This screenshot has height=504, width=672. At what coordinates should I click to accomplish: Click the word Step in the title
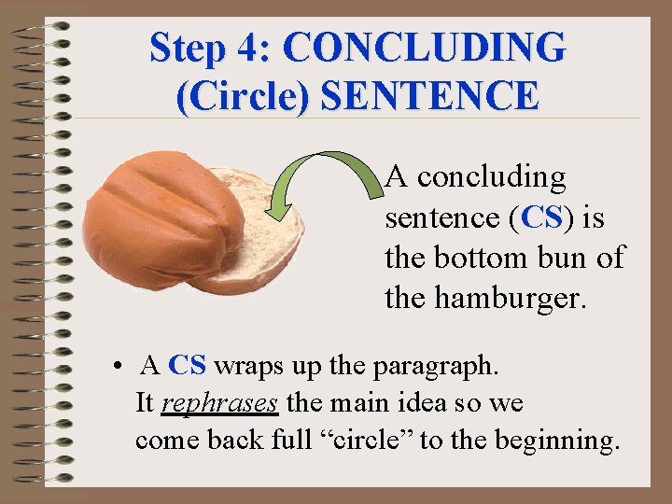(184, 48)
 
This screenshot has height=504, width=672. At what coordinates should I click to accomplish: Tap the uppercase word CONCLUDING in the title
(423, 48)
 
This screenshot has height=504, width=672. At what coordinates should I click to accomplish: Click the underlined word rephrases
(220, 404)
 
